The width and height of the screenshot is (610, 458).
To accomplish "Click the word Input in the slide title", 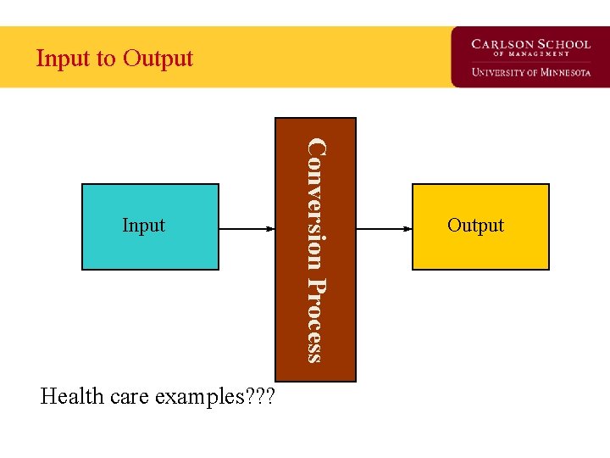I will click(64, 59).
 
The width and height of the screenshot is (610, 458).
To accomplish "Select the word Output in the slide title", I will click(158, 59).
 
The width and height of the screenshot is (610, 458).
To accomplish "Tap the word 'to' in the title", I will click(106, 59).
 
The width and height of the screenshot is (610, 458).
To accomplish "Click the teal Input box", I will click(150, 250).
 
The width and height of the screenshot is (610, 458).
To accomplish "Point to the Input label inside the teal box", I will click(143, 226).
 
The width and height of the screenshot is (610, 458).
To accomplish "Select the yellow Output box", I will click(480, 250).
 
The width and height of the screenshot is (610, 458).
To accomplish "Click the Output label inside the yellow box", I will click(475, 226).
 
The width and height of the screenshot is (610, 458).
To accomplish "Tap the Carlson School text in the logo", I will click(531, 44).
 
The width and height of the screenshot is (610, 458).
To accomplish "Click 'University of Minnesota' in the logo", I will click(531, 72).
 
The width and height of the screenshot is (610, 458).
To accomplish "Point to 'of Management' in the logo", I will click(531, 55).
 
